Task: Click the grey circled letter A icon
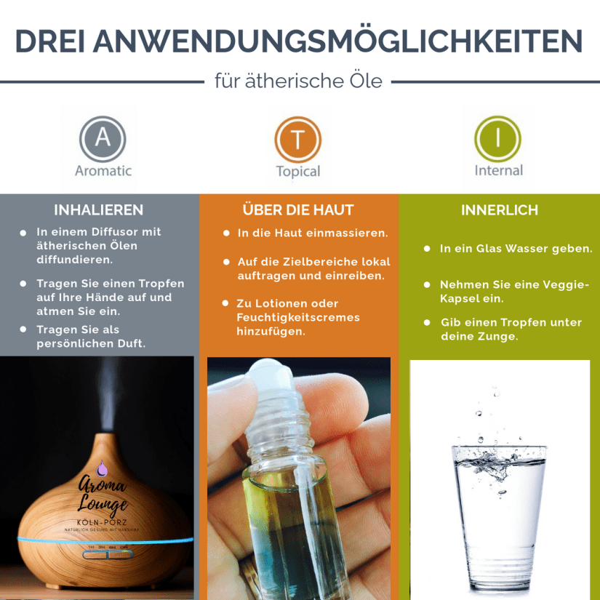(x=103, y=139)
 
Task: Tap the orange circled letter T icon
(x=298, y=140)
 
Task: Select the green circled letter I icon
(x=498, y=139)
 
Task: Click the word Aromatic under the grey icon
(x=103, y=171)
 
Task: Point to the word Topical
(x=298, y=172)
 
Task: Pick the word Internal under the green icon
(x=499, y=170)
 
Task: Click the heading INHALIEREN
(x=99, y=210)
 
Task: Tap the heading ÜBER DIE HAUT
(x=298, y=209)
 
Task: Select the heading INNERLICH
(x=500, y=210)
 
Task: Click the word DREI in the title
(x=49, y=41)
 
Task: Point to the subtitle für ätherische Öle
(x=298, y=81)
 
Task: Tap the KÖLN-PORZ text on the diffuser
(x=102, y=522)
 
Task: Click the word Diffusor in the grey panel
(x=111, y=232)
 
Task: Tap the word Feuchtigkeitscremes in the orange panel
(x=298, y=318)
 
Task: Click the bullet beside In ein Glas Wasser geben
(x=427, y=249)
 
